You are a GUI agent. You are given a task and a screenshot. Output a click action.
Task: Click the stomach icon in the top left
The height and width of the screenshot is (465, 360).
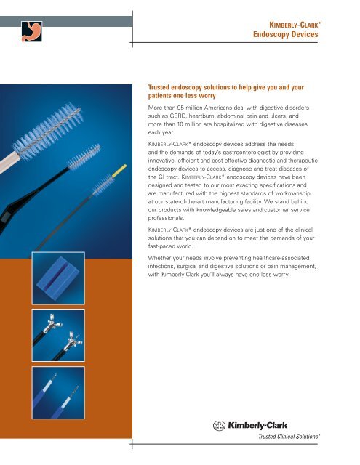[x=31, y=31]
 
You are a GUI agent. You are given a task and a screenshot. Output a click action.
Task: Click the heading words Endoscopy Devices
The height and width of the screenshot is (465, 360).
[x=286, y=34]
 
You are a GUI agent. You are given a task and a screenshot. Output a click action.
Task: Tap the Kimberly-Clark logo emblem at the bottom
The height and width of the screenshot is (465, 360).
[x=219, y=426]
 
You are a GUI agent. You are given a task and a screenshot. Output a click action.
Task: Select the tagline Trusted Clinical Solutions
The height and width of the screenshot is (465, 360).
[x=289, y=437]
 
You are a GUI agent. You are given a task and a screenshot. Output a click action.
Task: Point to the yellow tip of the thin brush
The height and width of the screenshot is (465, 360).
[x=119, y=171]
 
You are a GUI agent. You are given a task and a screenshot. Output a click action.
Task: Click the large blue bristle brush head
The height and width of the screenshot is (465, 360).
[x=48, y=131]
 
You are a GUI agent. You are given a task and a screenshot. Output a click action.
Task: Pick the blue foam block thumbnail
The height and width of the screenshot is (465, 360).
[x=58, y=278]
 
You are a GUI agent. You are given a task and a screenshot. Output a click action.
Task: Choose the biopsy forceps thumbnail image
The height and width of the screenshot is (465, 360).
[x=58, y=335]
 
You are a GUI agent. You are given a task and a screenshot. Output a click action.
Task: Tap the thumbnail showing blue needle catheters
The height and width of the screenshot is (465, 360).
[x=58, y=392]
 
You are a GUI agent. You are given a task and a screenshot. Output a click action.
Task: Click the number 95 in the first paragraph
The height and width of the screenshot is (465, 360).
[x=180, y=108]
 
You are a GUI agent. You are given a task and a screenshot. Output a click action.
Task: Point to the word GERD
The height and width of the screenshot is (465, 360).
[x=177, y=116]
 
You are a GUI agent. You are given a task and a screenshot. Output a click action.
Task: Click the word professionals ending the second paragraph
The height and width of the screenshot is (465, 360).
[x=166, y=218]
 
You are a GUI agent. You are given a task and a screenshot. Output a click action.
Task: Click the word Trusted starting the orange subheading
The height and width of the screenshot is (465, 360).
[x=159, y=87]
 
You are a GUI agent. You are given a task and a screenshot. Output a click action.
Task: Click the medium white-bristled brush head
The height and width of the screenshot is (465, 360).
[x=84, y=157]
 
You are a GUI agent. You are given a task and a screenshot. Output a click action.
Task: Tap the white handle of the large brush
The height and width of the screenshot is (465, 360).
[x=9, y=163]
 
